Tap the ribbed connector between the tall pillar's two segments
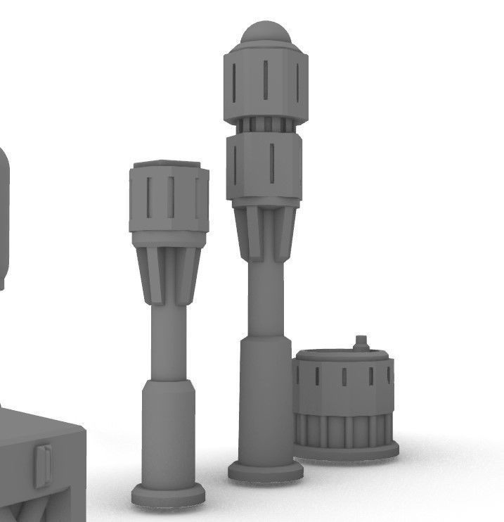pyautogui.click(x=265, y=126)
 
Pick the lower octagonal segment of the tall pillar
pyautogui.click(x=265, y=167)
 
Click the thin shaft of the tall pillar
pyautogui.click(x=265, y=299)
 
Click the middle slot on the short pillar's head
pyautogui.click(x=170, y=198)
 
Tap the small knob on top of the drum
pyautogui.click(x=361, y=344)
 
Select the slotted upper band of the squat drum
pyautogui.click(x=344, y=380)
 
